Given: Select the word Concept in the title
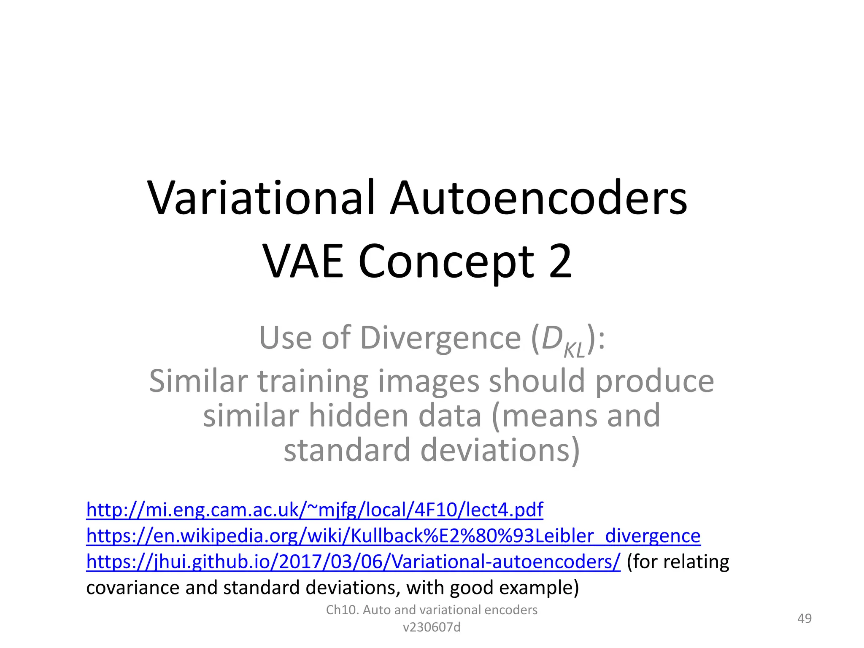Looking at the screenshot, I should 446,262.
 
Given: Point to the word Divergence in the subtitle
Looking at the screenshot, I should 440,338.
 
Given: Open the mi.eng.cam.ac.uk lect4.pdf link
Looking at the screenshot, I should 314,510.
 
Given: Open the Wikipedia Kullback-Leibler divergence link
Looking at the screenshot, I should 393,536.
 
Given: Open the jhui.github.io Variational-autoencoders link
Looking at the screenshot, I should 353,562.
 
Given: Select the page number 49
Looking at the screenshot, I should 804,618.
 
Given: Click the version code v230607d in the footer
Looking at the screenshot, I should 432,628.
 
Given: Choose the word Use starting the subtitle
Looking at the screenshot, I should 286,338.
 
